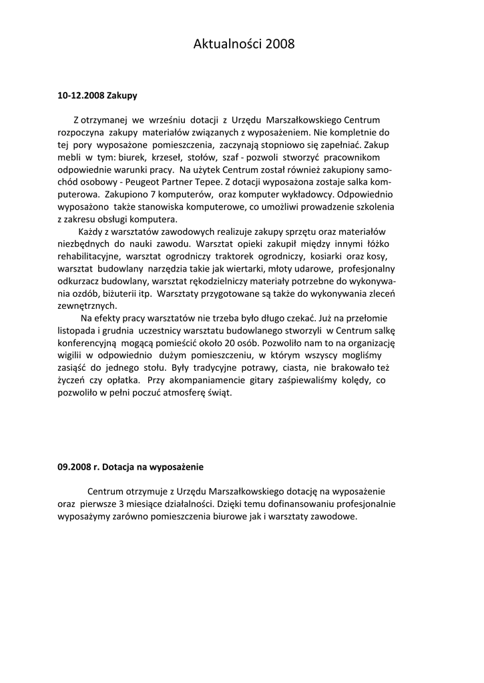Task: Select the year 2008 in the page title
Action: point(279,45)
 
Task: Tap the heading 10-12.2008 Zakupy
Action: point(97,95)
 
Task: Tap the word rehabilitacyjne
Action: point(89,256)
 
